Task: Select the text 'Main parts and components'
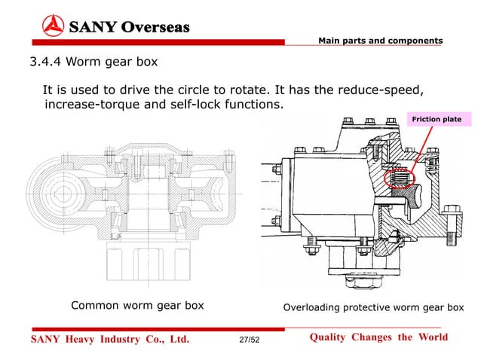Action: [x=380, y=40]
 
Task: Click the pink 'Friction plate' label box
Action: [x=436, y=119]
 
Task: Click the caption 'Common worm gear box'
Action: [x=137, y=306]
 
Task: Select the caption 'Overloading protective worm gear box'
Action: [x=372, y=307]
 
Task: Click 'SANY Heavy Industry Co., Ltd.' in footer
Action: [x=109, y=339]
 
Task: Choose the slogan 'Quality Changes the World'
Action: [x=378, y=337]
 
